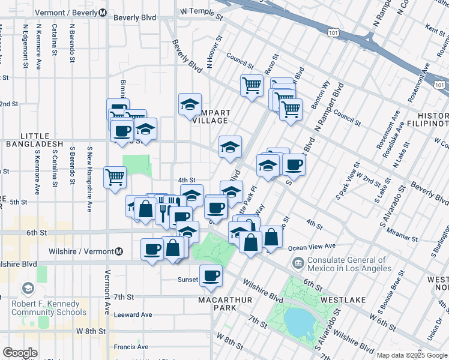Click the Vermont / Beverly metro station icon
(x=103, y=13)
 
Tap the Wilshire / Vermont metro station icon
(x=119, y=251)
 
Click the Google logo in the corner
(x=20, y=353)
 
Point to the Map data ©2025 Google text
(x=412, y=355)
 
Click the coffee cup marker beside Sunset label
(x=211, y=275)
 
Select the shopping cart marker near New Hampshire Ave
(x=115, y=176)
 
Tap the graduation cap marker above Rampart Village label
(x=190, y=104)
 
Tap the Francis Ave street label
(x=131, y=347)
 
